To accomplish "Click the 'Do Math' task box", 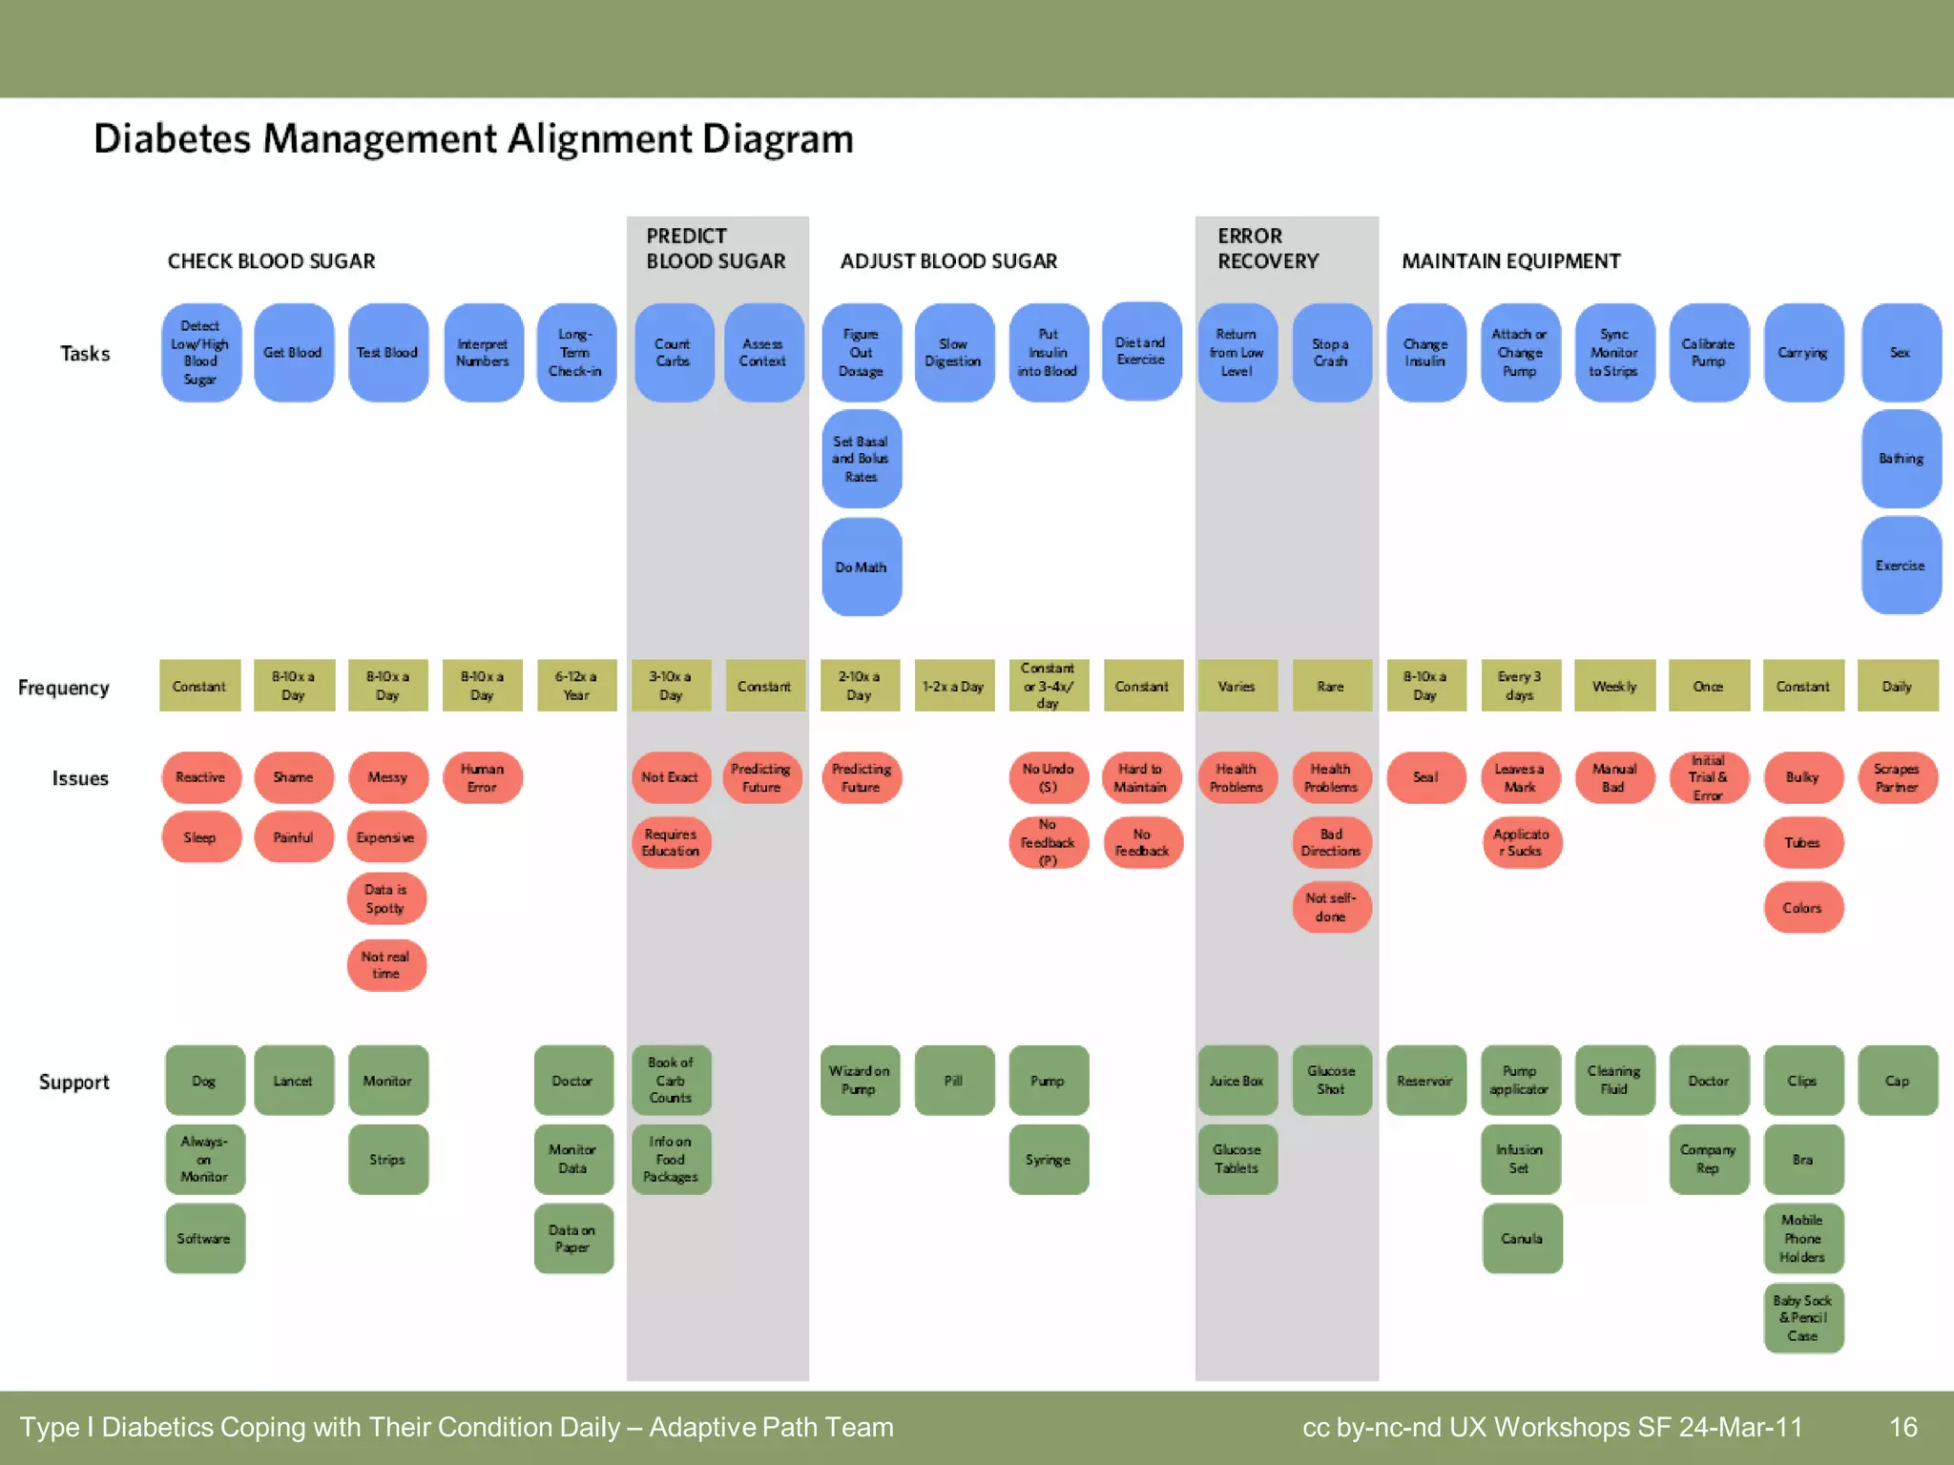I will click(862, 567).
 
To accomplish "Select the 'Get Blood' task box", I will click(293, 353).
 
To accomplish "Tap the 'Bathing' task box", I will click(1901, 459).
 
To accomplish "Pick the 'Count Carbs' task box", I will click(673, 353).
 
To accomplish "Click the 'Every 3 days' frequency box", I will click(1520, 686).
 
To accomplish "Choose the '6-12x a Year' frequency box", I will click(576, 686).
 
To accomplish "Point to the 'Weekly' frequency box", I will click(1614, 686).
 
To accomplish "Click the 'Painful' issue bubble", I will click(293, 837).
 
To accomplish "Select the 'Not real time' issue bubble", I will click(385, 965).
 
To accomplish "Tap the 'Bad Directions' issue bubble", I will click(1331, 843).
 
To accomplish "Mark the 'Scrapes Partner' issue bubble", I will click(1897, 777).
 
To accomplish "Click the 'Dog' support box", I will click(204, 1081).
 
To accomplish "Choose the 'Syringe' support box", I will click(1048, 1160).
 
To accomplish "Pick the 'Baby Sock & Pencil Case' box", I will click(1802, 1318).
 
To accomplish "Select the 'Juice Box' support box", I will click(1237, 1081).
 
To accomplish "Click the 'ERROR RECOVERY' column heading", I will click(1268, 249).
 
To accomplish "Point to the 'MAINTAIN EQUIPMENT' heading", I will click(1510, 261).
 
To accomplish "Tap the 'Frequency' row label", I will click(64, 688).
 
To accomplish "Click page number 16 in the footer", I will click(1902, 1427).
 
